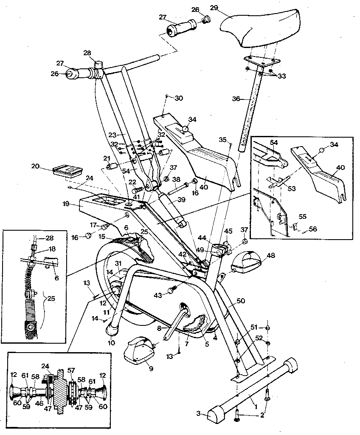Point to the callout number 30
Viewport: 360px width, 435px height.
(x=179, y=98)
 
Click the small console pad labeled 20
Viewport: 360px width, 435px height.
(x=67, y=171)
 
